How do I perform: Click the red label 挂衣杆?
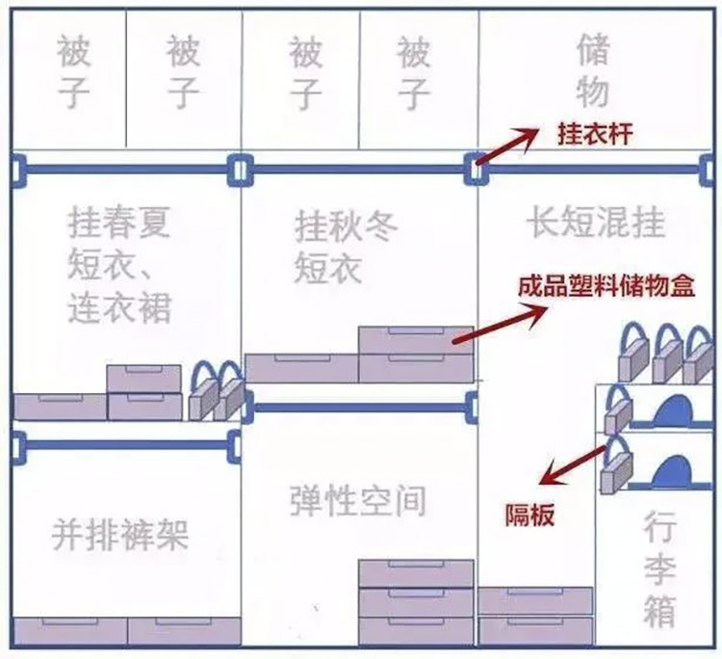[x=595, y=135]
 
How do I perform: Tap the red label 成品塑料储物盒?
[x=606, y=286]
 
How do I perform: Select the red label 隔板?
[x=530, y=515]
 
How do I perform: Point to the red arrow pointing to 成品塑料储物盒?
[x=501, y=324]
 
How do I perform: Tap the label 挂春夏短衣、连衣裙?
[x=119, y=265]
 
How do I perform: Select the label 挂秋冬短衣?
[x=346, y=247]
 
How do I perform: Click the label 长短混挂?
[x=596, y=224]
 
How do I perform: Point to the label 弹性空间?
[x=358, y=501]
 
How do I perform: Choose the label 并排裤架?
[x=119, y=535]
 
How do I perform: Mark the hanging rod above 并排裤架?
[x=125, y=445]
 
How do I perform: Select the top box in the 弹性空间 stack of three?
[x=416, y=573]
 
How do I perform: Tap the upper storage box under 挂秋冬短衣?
[x=416, y=340]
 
